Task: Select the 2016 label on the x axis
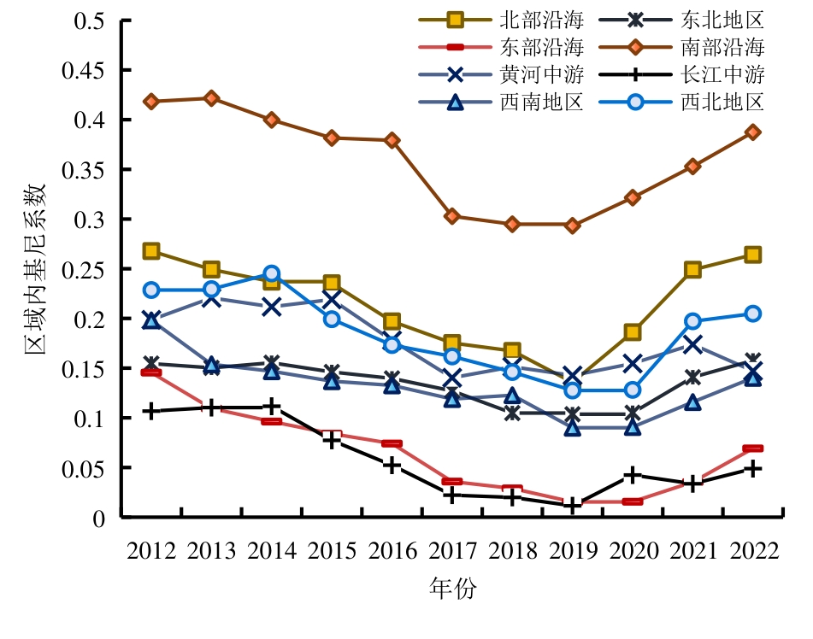tap(392, 550)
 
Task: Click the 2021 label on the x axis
tap(692, 550)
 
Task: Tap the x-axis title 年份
tap(452, 589)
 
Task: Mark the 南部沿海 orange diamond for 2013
tap(211, 98)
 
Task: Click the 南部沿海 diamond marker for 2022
tap(752, 132)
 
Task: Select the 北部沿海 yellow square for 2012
tap(151, 251)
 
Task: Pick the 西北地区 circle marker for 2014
tap(271, 274)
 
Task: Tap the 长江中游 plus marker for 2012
tap(151, 411)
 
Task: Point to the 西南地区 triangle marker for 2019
tap(572, 427)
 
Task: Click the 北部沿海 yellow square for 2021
tap(692, 270)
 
